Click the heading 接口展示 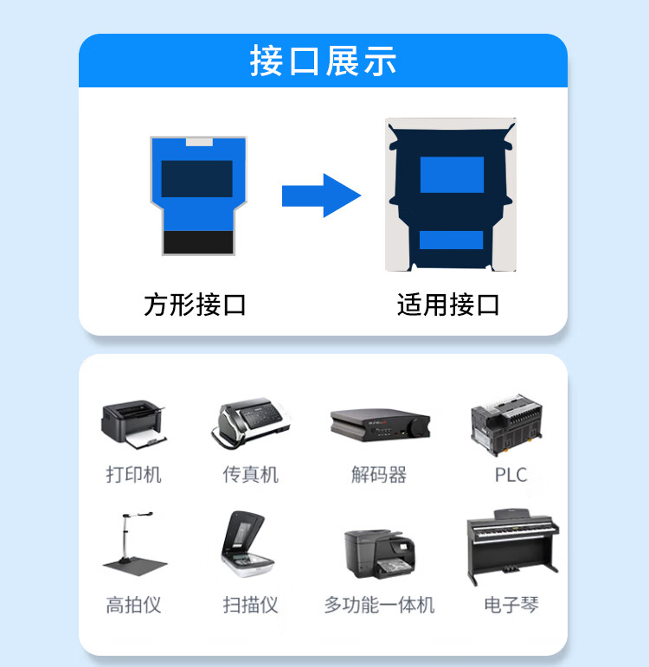coord(323,61)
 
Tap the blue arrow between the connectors coord(322,196)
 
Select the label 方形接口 coord(195,305)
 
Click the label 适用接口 coord(448,305)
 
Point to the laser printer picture coord(133,425)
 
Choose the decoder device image coord(380,425)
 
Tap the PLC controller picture coord(506,425)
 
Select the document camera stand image coord(134,544)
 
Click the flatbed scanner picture coord(248,544)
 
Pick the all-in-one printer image coord(379,554)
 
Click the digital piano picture coord(513,547)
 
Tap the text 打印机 coord(133,475)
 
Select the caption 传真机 coord(251,475)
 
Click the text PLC coord(511,475)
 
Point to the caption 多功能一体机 coord(379,605)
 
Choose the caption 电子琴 coord(511,605)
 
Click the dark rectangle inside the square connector coord(196,179)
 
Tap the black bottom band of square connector coord(198,242)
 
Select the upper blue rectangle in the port coord(452,175)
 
